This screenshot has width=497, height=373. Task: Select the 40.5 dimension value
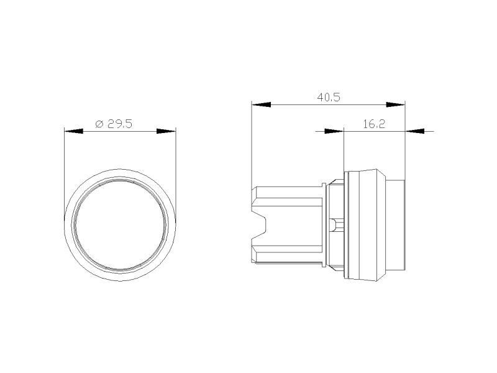coord(329,98)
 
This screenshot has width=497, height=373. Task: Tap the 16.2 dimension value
coord(374,124)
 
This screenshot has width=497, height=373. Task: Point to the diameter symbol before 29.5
coord(99,124)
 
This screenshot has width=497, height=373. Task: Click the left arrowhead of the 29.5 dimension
coord(73,131)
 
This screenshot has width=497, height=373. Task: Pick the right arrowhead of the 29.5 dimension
coord(166,131)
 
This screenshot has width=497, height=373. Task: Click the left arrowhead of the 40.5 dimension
coord(261,104)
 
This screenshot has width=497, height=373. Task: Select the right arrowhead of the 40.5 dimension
coord(396,104)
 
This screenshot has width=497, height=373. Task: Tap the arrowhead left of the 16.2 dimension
coord(334,131)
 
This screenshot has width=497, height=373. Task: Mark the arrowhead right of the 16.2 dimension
coord(414,131)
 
